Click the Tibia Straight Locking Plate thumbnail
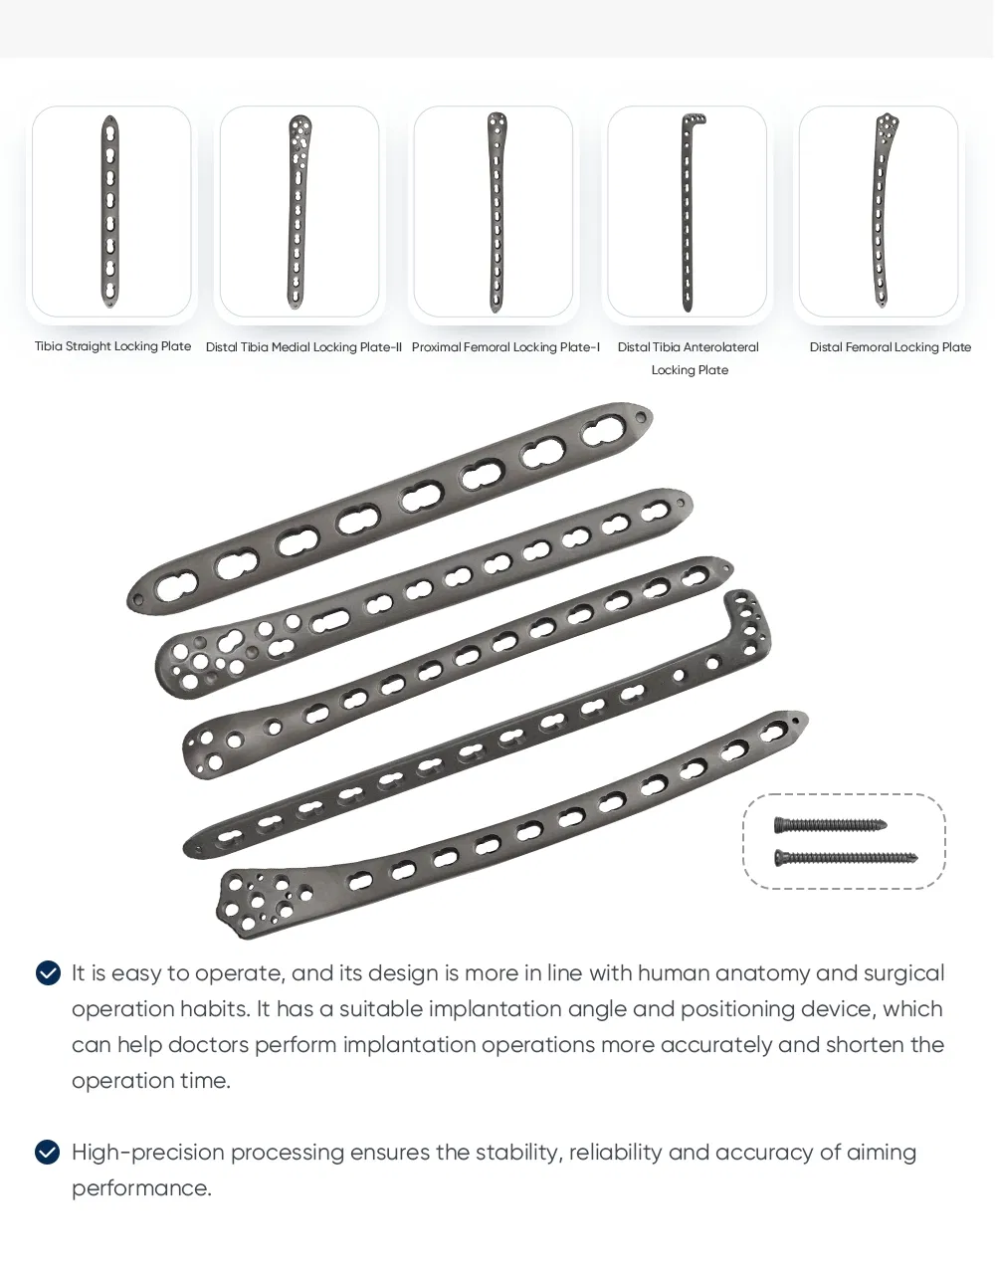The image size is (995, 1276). tap(111, 211)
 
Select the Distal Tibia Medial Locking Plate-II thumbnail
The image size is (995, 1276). tap(298, 211)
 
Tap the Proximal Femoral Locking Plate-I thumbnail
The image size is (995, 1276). tap(494, 211)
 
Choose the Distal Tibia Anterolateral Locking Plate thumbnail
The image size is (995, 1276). tap(688, 211)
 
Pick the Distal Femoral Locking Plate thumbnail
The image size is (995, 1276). tap(879, 211)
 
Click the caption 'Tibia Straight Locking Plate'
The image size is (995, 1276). tap(112, 346)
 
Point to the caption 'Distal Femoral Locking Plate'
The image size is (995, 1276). tap(890, 347)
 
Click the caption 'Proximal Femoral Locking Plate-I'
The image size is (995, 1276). tap(505, 347)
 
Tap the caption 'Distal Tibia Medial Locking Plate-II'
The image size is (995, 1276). tap(303, 347)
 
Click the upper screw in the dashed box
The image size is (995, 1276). tap(830, 825)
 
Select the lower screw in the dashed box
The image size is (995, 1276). tap(846, 857)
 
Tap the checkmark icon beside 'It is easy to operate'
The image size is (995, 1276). tap(48, 973)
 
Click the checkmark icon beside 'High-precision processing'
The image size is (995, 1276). tap(48, 1153)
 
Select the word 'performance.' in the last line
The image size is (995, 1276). tap(141, 1188)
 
